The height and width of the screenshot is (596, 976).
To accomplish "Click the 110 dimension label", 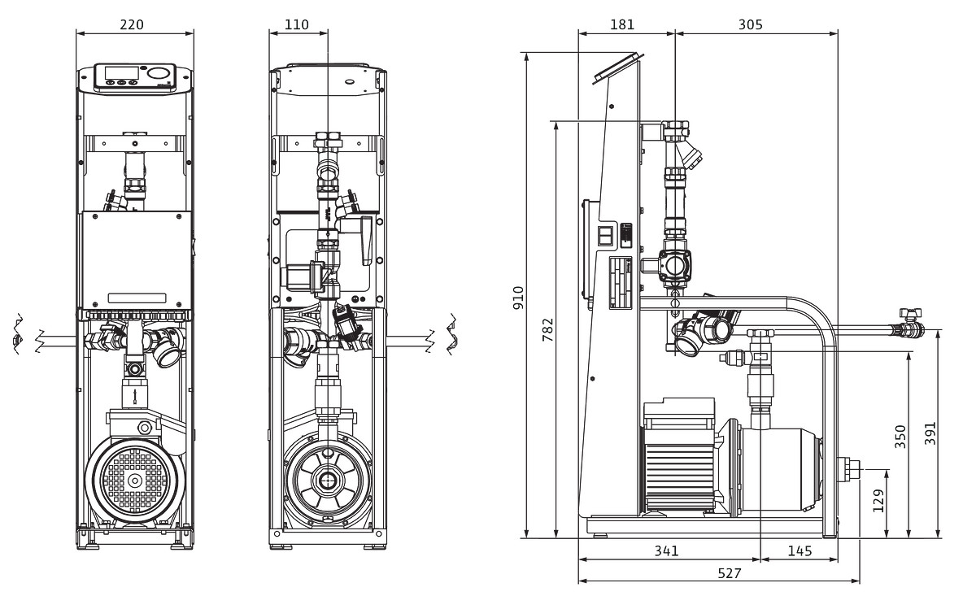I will [x=297, y=24].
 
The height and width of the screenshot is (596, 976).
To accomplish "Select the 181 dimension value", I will [x=622, y=24].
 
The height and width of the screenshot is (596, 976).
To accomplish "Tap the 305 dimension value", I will [x=750, y=24].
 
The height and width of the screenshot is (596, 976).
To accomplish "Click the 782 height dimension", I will [x=547, y=330].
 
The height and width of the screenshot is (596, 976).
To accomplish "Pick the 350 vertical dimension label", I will [x=900, y=436].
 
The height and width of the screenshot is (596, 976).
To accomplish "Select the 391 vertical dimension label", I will [x=930, y=434].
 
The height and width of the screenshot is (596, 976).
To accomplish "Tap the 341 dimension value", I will [x=666, y=550].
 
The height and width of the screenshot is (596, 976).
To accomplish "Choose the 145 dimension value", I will [x=800, y=550].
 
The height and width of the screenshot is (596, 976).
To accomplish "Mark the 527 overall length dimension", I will [x=729, y=573].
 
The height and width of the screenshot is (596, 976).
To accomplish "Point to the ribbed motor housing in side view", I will [x=678, y=464].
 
